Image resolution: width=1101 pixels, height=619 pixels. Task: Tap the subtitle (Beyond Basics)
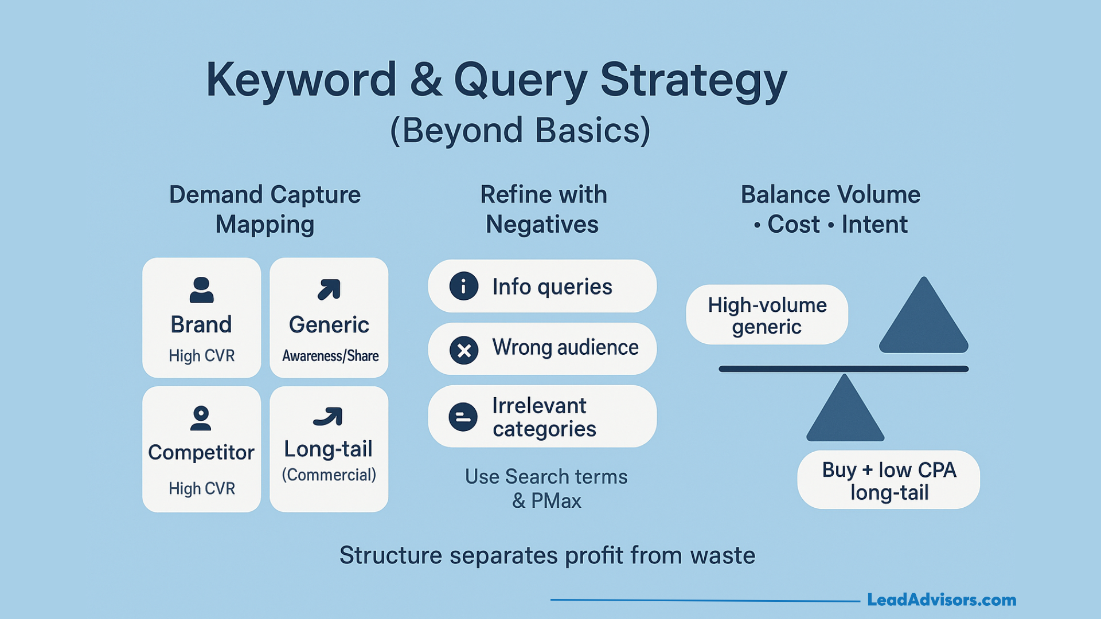tap(520, 131)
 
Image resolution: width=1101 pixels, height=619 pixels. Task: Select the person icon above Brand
tap(201, 290)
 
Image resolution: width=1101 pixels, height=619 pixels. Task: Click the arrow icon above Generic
tap(329, 289)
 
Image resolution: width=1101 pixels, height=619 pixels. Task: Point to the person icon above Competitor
tap(201, 418)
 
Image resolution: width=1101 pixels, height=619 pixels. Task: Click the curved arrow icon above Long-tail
tap(328, 417)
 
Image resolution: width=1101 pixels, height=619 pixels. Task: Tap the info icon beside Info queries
tap(463, 286)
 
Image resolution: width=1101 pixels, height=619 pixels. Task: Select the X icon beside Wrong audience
tap(464, 350)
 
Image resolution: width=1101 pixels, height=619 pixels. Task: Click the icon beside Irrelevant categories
tap(463, 417)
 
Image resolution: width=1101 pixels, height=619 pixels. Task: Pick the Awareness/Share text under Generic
tap(330, 356)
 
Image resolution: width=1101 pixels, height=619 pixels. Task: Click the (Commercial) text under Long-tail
tap(329, 475)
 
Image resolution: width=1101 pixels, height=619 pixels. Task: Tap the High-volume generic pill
tap(767, 315)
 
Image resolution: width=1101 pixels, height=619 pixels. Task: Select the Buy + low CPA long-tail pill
tap(888, 480)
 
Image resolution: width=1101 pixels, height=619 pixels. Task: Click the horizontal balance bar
tap(843, 369)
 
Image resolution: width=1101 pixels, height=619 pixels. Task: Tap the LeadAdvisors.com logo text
tap(941, 600)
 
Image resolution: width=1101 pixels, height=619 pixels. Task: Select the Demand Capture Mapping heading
tap(265, 209)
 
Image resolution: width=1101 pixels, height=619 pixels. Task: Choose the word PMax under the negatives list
tap(556, 501)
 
